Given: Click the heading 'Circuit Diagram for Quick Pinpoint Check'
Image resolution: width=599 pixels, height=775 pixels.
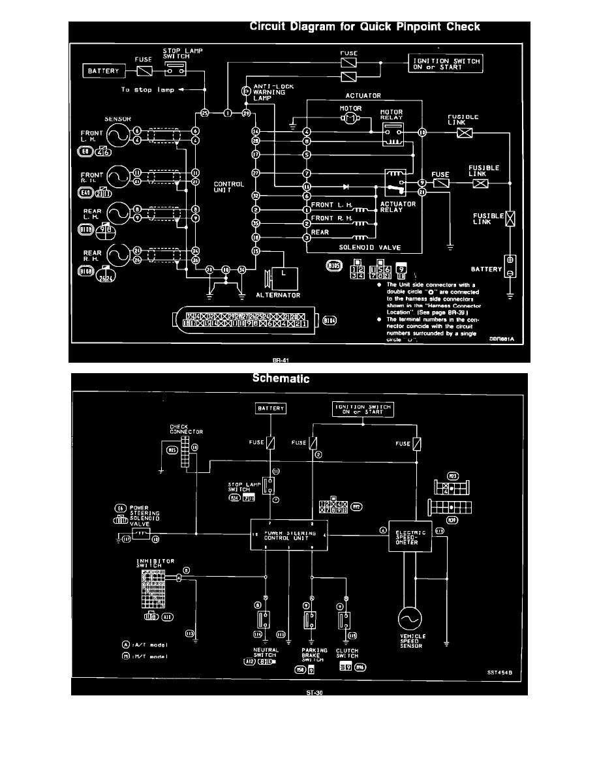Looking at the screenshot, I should point(365,27).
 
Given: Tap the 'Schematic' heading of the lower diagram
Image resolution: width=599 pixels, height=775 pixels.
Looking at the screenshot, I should point(281,378).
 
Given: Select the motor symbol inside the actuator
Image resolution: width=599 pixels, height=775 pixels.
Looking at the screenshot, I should point(351,118).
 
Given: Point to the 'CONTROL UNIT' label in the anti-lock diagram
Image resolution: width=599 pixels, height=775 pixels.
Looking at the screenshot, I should point(229,187).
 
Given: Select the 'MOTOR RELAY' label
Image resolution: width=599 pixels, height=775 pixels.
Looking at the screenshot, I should point(391,115).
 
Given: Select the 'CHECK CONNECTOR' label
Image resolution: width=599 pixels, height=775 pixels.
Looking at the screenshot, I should point(174,429).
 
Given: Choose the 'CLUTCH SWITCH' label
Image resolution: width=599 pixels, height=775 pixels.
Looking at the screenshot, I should point(346,652).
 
